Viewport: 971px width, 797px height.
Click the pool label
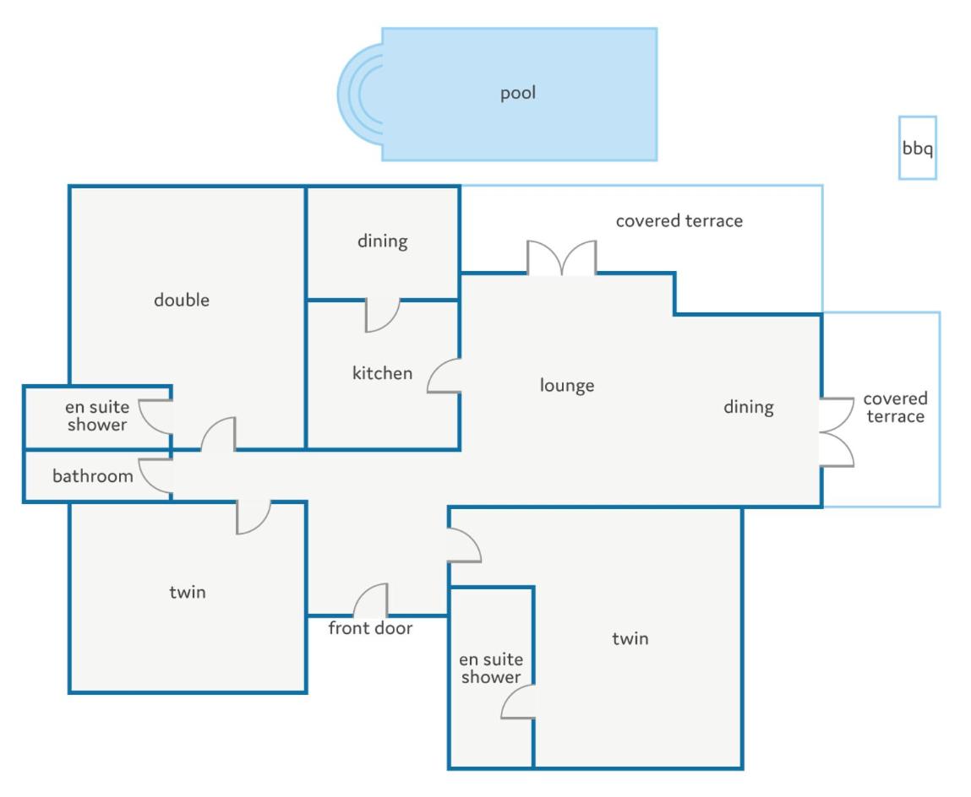point(518,94)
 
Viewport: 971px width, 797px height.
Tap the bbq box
point(917,148)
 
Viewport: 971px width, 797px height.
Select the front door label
point(370,628)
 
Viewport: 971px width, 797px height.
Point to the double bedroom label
point(182,300)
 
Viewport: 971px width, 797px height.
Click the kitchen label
point(382,373)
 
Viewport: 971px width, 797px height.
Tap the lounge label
point(566,386)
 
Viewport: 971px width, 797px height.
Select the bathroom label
point(93,476)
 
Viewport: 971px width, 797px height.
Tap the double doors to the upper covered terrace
point(562,257)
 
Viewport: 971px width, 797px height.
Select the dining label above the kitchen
point(383,241)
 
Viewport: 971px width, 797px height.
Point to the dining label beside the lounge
point(749,407)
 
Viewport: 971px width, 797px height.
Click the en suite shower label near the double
point(97,416)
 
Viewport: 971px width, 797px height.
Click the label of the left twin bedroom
point(188,592)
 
